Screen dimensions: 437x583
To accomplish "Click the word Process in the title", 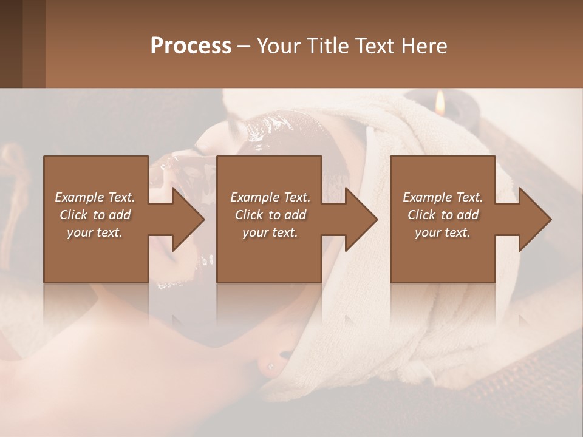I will (x=191, y=46).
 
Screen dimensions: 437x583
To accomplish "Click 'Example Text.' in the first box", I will (x=95, y=197).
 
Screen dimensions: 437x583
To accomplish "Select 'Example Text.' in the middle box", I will (x=270, y=197).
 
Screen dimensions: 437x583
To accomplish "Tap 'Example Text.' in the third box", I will (x=443, y=197).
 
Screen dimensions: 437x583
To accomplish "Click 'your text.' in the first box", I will (x=95, y=232).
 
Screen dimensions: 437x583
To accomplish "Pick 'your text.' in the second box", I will (x=270, y=232).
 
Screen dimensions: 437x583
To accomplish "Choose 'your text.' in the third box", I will (x=443, y=232).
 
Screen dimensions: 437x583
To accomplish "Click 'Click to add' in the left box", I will (x=95, y=215).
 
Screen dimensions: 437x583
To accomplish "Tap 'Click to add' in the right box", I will (x=443, y=215).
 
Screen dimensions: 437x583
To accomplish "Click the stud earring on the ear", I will (x=270, y=366).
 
